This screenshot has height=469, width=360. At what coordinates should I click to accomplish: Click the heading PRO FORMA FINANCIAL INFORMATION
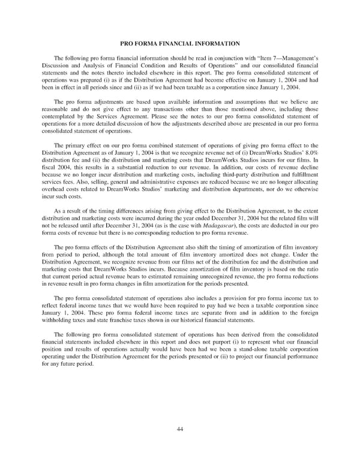click(x=179, y=43)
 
